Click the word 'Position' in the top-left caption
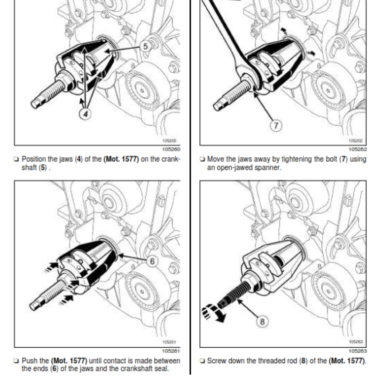coord(34,159)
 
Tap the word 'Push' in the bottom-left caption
coord(30,360)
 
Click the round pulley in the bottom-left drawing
coord(144,289)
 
